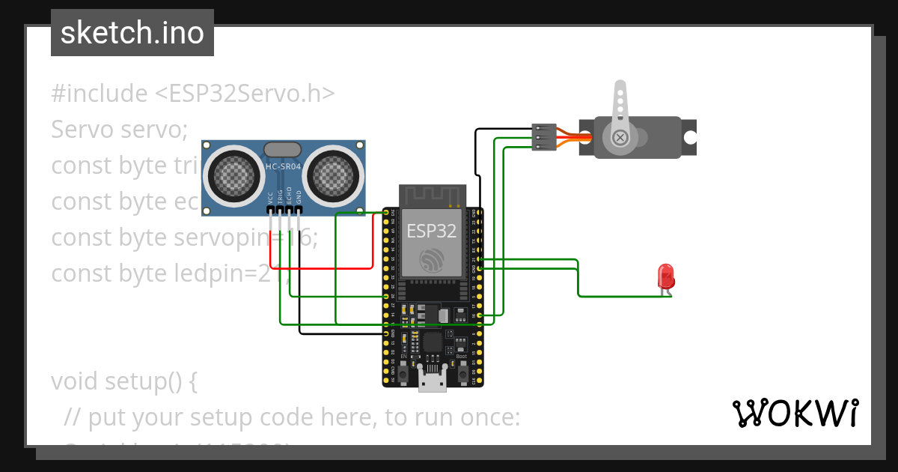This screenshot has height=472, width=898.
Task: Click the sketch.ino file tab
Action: click(x=132, y=33)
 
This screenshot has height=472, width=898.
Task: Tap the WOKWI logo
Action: click(x=794, y=414)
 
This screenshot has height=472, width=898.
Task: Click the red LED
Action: click(x=665, y=276)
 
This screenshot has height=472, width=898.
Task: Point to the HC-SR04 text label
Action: click(x=284, y=167)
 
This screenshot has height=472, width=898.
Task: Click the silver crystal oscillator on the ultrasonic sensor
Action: click(x=284, y=151)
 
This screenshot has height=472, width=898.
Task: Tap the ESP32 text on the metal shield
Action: click(x=431, y=231)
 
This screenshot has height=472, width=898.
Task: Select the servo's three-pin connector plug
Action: click(x=544, y=138)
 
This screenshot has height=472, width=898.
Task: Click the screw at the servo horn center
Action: click(x=620, y=138)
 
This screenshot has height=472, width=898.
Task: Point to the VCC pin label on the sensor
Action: click(x=270, y=199)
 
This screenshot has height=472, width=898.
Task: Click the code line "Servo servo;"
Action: click(x=119, y=130)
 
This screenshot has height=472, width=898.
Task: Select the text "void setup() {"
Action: click(x=124, y=381)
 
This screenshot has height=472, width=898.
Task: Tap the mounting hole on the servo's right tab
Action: click(x=689, y=138)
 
